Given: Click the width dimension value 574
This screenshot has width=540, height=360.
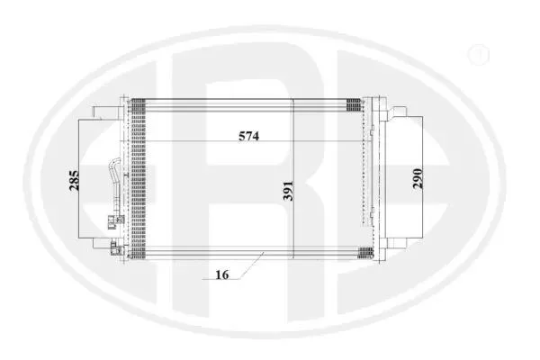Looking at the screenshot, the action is [x=248, y=137].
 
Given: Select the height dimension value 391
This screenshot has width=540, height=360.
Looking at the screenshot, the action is [x=288, y=191].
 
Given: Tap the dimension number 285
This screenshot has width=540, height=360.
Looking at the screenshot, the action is [x=74, y=181].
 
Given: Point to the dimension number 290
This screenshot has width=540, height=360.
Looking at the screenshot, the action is [x=418, y=178].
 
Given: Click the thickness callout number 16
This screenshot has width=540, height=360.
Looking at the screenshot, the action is [x=222, y=274].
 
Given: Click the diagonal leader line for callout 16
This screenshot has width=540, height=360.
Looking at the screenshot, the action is [x=252, y=265].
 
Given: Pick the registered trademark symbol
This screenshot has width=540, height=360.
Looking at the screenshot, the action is [x=479, y=54].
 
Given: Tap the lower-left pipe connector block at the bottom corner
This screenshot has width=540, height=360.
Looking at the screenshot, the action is [x=114, y=248].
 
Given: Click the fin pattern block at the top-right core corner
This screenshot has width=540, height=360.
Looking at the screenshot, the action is [x=354, y=104].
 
